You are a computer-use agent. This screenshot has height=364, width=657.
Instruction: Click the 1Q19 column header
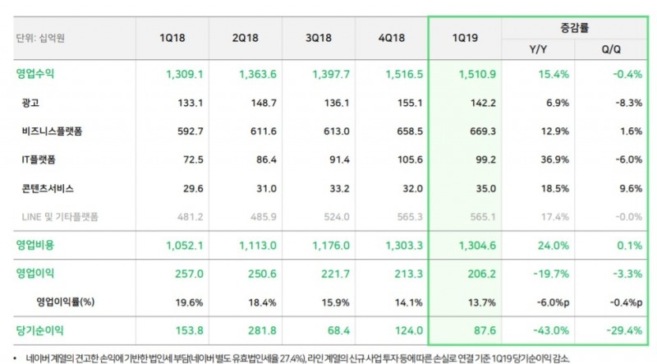pos(463,39)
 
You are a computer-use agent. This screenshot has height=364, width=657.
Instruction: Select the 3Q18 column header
pos(318,39)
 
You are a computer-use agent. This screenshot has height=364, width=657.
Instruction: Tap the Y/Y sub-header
pos(537,50)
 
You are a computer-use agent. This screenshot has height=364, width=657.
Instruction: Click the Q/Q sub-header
pos(610,50)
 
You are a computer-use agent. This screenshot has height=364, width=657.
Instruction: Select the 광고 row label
pos(33,102)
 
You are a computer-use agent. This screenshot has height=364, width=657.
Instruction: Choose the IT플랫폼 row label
pos(42,159)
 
